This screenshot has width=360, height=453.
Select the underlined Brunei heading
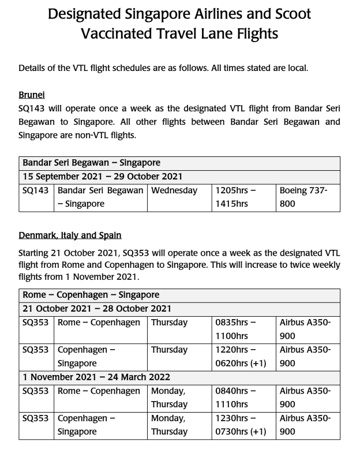pos(31,95)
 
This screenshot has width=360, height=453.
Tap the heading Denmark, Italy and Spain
pos(69,235)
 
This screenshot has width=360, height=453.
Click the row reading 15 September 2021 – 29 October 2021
pos(103,177)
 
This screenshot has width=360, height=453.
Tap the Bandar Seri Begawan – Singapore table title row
pos(91,163)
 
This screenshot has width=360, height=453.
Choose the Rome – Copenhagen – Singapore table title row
pos(91,295)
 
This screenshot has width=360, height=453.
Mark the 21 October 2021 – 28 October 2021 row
pos(97,309)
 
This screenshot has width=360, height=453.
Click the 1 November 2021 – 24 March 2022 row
pos(97,377)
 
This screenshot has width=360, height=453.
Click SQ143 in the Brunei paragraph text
pos(33,107)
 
